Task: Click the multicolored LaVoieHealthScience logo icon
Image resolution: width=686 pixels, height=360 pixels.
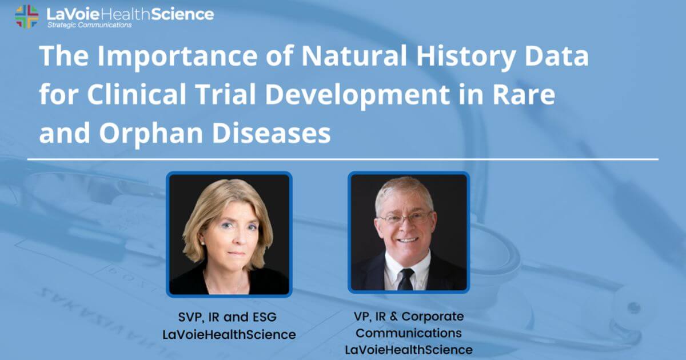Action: point(27,16)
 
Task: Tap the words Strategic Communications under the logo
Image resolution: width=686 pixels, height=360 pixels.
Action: point(89,25)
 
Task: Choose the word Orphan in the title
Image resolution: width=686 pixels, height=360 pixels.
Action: point(145,133)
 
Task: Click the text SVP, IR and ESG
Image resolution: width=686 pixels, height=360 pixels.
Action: point(229,318)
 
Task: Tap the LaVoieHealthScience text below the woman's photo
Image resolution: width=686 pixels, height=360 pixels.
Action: point(229,335)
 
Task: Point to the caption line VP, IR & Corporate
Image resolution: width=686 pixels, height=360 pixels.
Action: point(408,316)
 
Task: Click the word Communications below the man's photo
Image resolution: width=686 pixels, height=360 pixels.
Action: point(408,333)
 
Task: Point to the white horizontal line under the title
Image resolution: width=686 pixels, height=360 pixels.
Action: point(343,159)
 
